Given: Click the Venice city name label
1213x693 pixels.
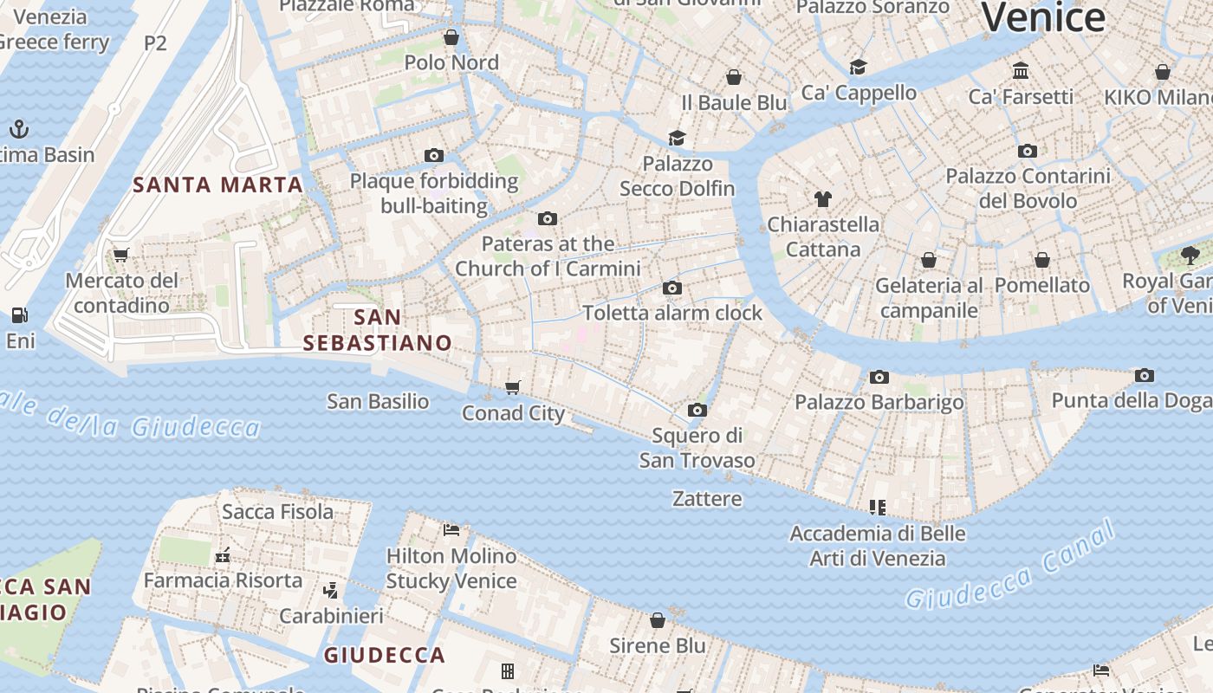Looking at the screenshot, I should coord(1043,17).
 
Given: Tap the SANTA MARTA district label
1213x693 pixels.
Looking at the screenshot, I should coord(218,185).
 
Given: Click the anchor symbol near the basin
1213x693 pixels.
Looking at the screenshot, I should coord(19,130).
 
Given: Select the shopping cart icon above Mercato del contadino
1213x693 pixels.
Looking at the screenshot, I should coord(121,255).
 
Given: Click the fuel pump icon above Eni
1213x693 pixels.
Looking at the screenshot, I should coord(19,315).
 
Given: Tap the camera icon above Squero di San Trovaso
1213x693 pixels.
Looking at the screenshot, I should coord(697,410).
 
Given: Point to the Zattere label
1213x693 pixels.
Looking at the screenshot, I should coord(707,499).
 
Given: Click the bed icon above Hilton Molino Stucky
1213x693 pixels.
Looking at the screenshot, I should coord(451,529).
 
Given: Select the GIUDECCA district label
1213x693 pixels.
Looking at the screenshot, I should coord(385,655).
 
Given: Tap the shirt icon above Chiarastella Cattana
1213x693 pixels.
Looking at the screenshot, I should coord(822,199).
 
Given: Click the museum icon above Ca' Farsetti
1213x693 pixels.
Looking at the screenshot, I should coord(1021,70).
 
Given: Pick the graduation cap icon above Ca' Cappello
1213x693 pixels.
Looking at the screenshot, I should coord(858,67).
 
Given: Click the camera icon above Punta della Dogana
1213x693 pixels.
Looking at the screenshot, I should coord(1145,375).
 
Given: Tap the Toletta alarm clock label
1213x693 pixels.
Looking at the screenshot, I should coord(672,313).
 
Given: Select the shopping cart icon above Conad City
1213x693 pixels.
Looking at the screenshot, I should coord(513,387).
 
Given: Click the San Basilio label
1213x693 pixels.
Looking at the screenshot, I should coord(378,401).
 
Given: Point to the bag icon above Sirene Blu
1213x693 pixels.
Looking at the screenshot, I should coord(658,620).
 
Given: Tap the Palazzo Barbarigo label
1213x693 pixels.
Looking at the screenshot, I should coord(879,402).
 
